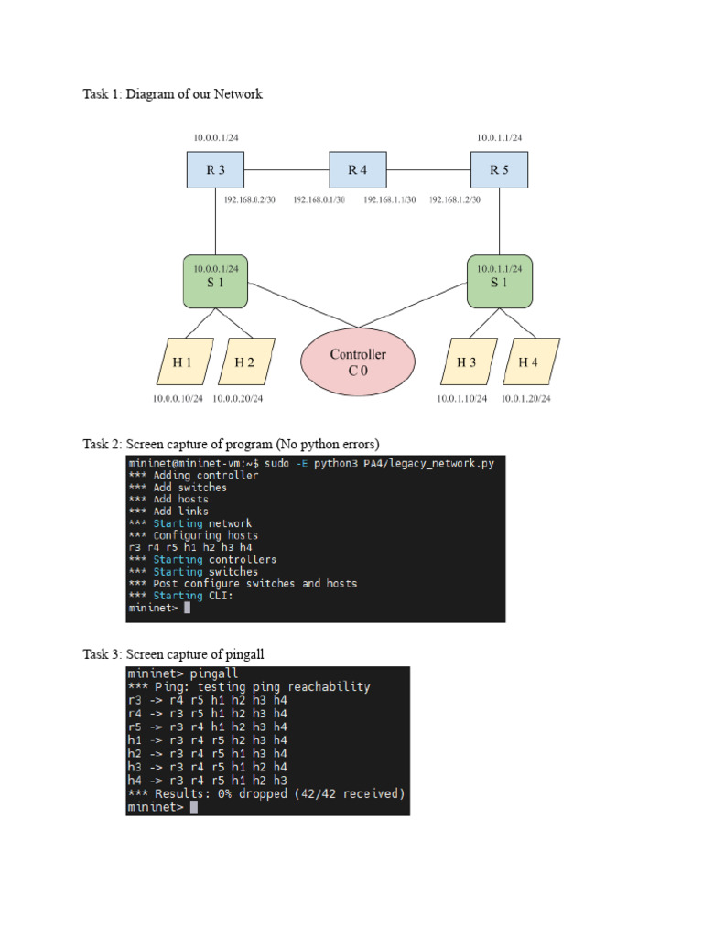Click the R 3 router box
pos(215,169)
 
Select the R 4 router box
pos(357,169)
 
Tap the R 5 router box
pos(499,169)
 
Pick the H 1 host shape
pos(182,362)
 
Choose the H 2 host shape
pos(244,362)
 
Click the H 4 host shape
pos(528,362)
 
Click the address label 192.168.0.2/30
pos(249,199)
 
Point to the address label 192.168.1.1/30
pos(389,199)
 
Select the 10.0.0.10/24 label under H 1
pos(179,399)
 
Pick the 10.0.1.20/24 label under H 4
pos(525,399)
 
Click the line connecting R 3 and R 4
pos(287,169)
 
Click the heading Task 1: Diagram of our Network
pos(172,94)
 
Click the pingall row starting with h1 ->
pos(208,739)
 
